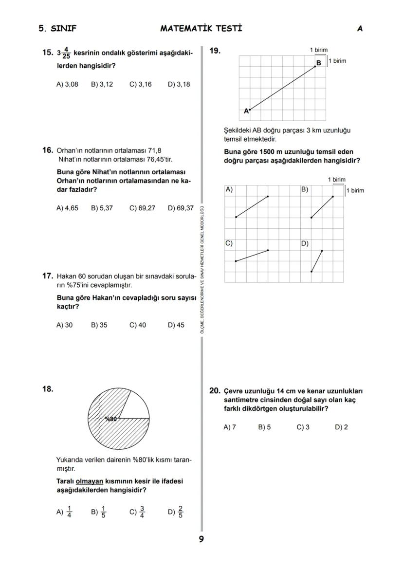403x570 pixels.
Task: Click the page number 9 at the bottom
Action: tap(201, 539)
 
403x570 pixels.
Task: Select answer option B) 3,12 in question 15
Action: tap(102, 84)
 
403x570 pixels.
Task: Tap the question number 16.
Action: tap(48, 150)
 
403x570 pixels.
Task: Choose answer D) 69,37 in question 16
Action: tap(181, 208)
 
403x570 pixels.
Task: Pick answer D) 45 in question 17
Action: tap(176, 325)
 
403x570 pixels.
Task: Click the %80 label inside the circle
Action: tap(111, 419)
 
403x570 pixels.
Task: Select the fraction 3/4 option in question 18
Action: tap(137, 512)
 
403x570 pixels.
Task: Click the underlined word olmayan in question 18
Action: tap(90, 481)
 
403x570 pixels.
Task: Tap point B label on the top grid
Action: tap(319, 63)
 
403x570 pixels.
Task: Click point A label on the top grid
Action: tap(246, 111)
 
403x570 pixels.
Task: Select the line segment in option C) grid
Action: tap(252, 256)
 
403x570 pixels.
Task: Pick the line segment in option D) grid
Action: tap(317, 261)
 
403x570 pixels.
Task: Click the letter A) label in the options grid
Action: tap(229, 189)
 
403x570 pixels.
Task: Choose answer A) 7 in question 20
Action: tap(229, 427)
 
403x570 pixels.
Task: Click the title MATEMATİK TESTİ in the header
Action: tap(201, 28)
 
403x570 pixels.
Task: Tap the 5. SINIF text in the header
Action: tap(57, 28)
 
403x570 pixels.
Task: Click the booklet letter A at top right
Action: tap(360, 28)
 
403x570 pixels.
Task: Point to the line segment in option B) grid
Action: tap(322, 207)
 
